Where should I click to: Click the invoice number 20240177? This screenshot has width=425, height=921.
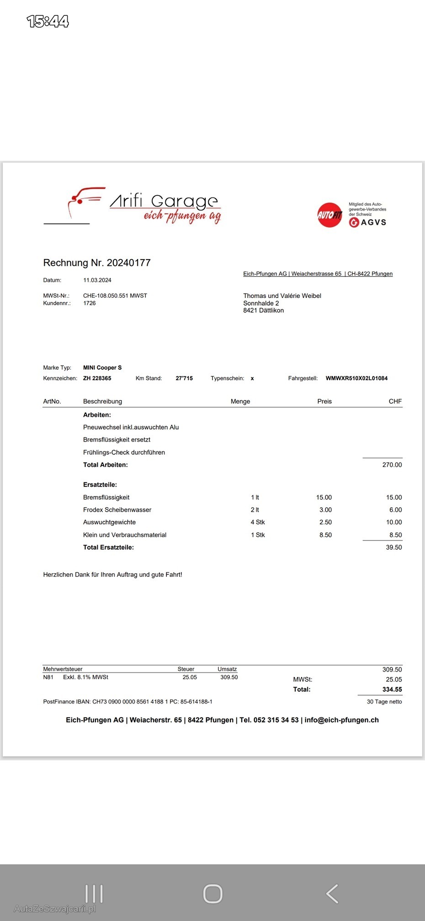pyautogui.click(x=128, y=263)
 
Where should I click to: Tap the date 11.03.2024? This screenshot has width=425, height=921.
pyautogui.click(x=97, y=280)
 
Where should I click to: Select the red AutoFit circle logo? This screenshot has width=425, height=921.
pyautogui.click(x=329, y=214)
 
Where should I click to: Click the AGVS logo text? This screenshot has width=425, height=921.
pyautogui.click(x=373, y=222)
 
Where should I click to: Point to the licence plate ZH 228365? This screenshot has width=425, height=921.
pyautogui.click(x=97, y=378)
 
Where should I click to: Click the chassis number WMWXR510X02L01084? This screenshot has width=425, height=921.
pyautogui.click(x=356, y=378)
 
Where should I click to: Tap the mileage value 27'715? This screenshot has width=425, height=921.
pyautogui.click(x=184, y=378)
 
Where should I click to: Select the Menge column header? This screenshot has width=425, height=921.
pyautogui.click(x=240, y=401)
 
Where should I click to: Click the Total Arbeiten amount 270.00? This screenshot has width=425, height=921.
pyautogui.click(x=392, y=465)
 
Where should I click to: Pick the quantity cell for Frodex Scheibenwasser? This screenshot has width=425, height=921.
pyautogui.click(x=255, y=510)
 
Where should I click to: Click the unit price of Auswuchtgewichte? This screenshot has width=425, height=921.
pyautogui.click(x=325, y=522)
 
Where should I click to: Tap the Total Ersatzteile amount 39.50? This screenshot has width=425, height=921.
pyautogui.click(x=393, y=547)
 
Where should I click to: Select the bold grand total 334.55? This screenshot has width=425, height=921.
pyautogui.click(x=392, y=689)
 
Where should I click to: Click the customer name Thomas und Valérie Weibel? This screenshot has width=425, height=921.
pyautogui.click(x=282, y=296)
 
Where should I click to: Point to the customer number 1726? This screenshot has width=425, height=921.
pyautogui.click(x=90, y=303)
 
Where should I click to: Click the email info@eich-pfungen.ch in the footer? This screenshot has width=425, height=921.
pyautogui.click(x=341, y=720)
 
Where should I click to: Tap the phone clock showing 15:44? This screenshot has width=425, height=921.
pyautogui.click(x=48, y=21)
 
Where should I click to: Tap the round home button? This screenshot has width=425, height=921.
pyautogui.click(x=212, y=894)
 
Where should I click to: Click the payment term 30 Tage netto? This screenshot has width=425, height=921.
pyautogui.click(x=384, y=702)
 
